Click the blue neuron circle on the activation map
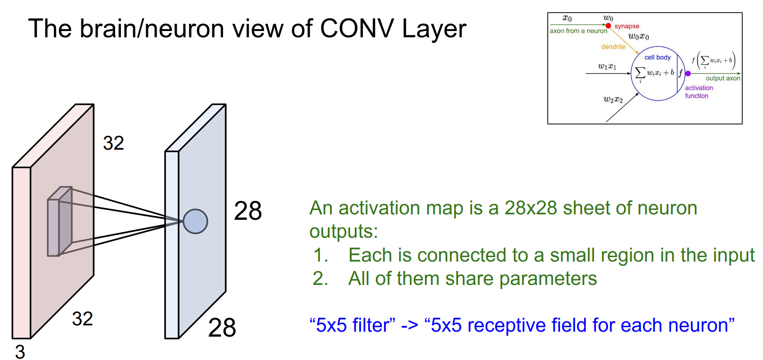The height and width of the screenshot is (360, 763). pyautogui.click(x=195, y=222)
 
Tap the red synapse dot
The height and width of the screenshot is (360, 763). pyautogui.click(x=608, y=26)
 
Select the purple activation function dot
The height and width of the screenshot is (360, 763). pyautogui.click(x=688, y=73)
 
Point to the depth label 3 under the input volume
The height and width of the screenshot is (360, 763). pyautogui.click(x=20, y=351)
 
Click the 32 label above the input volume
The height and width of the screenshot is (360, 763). pyautogui.click(x=113, y=143)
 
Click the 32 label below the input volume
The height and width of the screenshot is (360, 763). pyautogui.click(x=82, y=319)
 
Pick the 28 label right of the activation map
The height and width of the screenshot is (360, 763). pyautogui.click(x=248, y=211)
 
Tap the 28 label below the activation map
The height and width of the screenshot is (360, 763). pyautogui.click(x=222, y=328)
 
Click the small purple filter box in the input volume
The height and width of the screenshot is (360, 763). pyautogui.click(x=60, y=222)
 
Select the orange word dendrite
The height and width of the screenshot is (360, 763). pyautogui.click(x=613, y=47)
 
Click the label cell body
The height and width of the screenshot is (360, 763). pyautogui.click(x=657, y=58)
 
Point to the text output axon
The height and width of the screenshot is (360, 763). pyautogui.click(x=723, y=78)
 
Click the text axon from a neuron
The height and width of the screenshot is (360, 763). pyautogui.click(x=578, y=31)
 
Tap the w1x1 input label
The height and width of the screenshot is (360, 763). pyautogui.click(x=607, y=67)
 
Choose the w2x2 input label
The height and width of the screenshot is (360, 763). pyautogui.click(x=613, y=99)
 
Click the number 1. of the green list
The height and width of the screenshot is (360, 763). pyautogui.click(x=321, y=255)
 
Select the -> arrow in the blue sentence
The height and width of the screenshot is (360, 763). pyautogui.click(x=409, y=325)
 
